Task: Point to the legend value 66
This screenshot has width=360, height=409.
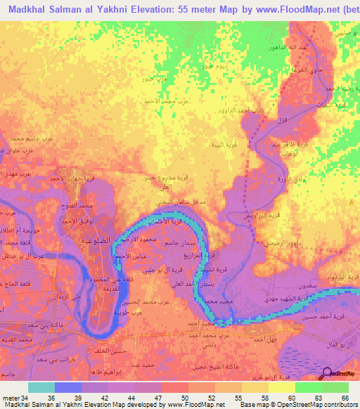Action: click(344, 398)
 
